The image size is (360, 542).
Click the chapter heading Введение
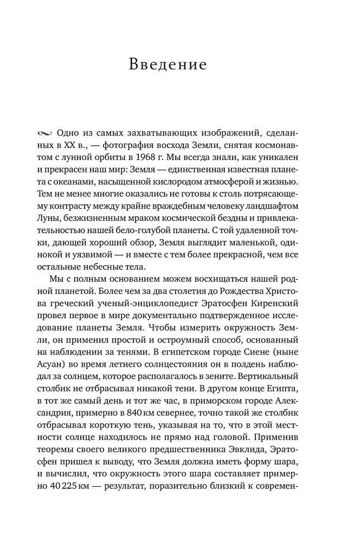coord(168,66)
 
